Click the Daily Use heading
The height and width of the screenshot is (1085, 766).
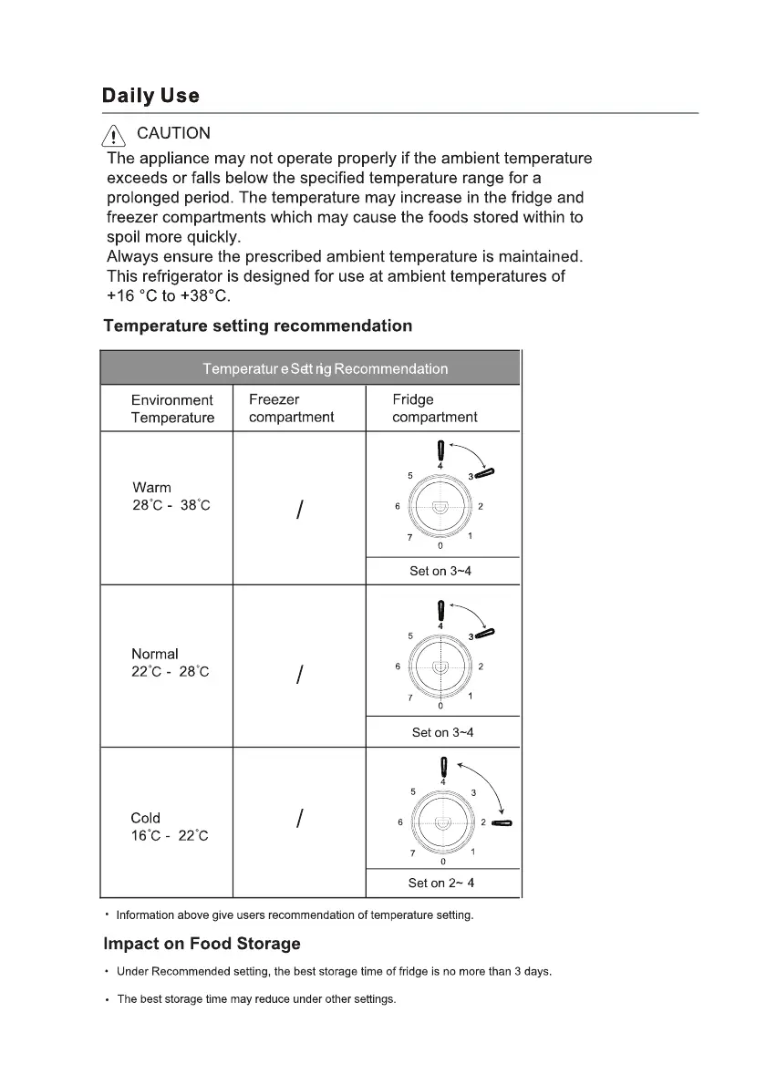(x=150, y=96)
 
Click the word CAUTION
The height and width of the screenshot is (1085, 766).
(x=173, y=134)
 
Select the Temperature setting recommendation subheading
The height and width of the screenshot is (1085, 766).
(x=257, y=325)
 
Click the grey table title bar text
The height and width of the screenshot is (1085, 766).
(x=326, y=369)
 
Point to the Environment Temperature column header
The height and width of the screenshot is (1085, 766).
(x=172, y=408)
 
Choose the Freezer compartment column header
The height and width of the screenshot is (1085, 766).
(x=291, y=408)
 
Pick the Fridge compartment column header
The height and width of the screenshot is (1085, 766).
(x=434, y=408)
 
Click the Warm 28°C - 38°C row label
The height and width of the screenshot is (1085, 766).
(x=171, y=497)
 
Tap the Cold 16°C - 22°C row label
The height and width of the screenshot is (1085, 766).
(x=169, y=827)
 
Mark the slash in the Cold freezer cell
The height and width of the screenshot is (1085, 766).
(x=299, y=820)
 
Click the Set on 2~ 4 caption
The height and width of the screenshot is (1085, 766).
(x=441, y=883)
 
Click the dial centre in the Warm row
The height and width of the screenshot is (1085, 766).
(x=440, y=507)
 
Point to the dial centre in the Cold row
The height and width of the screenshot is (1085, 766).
(x=442, y=822)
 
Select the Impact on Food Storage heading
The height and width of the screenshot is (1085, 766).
(x=202, y=944)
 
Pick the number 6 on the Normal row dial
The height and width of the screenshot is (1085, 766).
(x=398, y=666)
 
